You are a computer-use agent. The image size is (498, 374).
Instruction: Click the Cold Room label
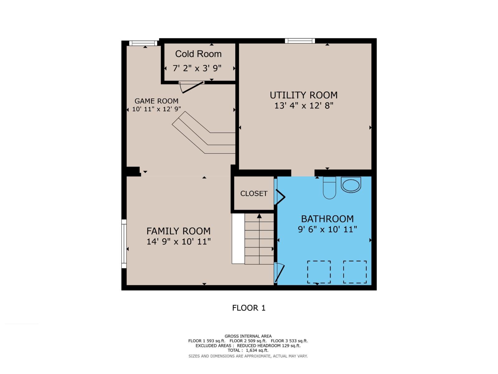click(198, 54)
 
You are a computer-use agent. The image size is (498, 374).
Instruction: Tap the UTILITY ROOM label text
click(303, 95)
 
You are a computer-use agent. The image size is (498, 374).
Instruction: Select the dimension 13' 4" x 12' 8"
click(303, 106)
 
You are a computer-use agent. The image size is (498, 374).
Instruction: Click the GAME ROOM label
click(156, 101)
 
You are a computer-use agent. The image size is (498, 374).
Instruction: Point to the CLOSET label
click(254, 194)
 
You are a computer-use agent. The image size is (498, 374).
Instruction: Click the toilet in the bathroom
click(329, 188)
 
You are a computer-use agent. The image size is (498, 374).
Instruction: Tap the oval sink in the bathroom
click(351, 185)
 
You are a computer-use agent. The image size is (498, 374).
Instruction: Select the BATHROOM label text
click(327, 219)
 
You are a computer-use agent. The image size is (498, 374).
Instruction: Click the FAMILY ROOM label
click(178, 231)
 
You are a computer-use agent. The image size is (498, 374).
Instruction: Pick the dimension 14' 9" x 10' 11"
click(178, 242)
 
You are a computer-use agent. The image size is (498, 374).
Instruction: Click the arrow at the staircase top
click(259, 216)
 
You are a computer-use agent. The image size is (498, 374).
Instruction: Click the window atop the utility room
click(300, 41)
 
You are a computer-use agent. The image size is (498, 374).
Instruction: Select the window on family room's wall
click(124, 244)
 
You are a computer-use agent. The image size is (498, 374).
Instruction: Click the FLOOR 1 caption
click(249, 308)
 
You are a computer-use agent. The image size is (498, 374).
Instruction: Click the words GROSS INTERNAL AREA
click(248, 336)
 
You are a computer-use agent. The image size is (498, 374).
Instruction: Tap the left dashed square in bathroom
click(319, 272)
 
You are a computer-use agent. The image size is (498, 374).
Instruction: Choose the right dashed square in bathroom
click(355, 272)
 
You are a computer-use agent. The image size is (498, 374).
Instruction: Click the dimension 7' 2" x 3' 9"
click(197, 68)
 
